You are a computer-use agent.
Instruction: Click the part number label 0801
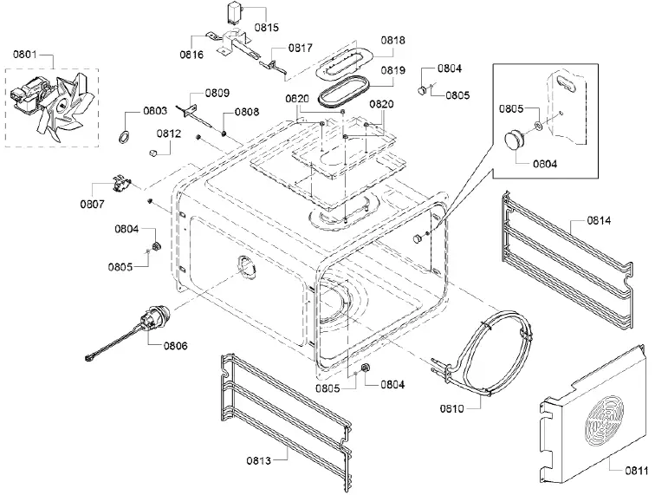pos(24,55)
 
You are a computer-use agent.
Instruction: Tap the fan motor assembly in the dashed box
pos(53,101)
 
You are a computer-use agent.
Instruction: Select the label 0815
pos(267,28)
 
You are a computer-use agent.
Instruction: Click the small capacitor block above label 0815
pos(232,14)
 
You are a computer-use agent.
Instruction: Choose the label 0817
pos(300,48)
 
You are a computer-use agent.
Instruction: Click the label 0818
pos(393,40)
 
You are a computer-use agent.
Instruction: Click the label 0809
pos(217,93)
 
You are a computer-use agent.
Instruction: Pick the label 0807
pos(92,205)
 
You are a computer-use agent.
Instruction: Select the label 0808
pos(247,111)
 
